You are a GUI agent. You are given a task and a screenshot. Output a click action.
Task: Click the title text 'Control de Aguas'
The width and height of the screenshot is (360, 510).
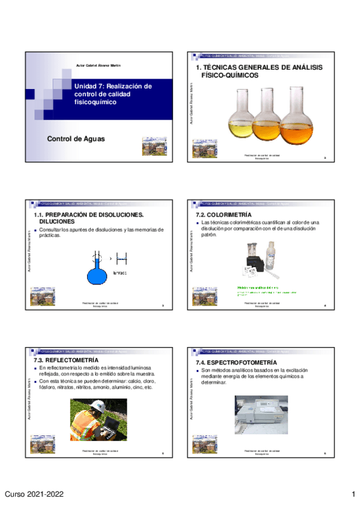tap(76, 139)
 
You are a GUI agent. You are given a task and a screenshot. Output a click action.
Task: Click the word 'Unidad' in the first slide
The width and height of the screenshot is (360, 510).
tap(85, 86)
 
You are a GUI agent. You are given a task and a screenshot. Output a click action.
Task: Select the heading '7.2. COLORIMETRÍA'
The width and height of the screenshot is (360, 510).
tap(224, 215)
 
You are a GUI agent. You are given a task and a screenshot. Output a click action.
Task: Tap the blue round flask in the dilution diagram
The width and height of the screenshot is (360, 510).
tap(96, 272)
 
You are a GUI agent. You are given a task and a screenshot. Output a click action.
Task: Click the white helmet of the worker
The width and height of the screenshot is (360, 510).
tap(89, 411)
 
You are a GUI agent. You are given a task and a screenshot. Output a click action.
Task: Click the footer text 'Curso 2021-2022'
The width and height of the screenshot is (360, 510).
tap(35, 494)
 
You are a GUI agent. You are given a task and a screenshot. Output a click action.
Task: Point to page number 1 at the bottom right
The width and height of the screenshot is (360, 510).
tap(353, 494)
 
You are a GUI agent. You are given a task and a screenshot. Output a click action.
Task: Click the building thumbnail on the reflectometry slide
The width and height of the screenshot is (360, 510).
tap(43, 443)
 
